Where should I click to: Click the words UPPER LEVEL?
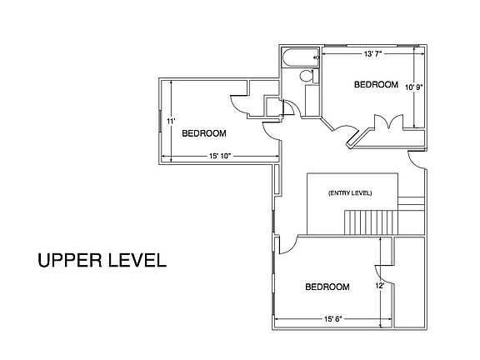click(x=102, y=259)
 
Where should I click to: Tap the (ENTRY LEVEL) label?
click(x=350, y=193)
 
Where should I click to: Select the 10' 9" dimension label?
click(x=413, y=86)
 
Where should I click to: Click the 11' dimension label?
click(x=170, y=121)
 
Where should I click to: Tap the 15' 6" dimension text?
click(x=332, y=317)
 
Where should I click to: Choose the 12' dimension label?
click(x=380, y=286)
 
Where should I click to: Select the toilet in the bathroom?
click(x=307, y=77)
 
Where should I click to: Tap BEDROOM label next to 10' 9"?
click(x=375, y=84)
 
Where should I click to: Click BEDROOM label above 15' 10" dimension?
click(x=204, y=133)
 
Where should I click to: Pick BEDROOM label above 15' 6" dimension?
click(x=327, y=287)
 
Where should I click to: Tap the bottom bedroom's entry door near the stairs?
click(x=287, y=245)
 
